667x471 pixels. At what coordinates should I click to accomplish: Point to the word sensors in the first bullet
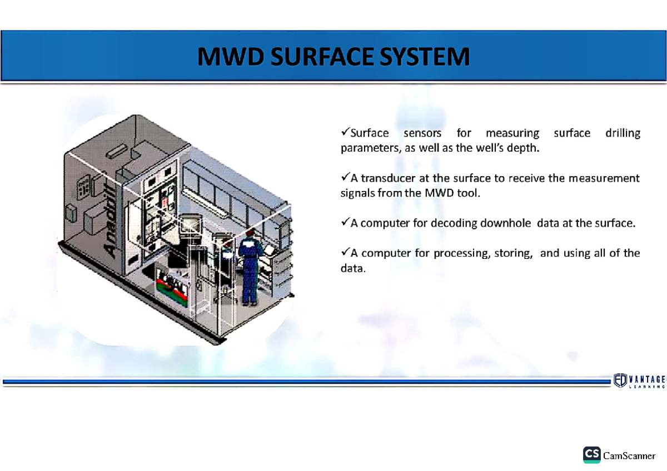click(x=422, y=133)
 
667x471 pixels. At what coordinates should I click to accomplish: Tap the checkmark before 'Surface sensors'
click(x=345, y=132)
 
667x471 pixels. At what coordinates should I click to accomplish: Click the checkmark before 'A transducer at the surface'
click(x=345, y=177)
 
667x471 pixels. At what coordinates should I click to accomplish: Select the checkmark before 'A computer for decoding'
click(x=345, y=222)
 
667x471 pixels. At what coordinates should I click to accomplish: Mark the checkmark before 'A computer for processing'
click(x=345, y=252)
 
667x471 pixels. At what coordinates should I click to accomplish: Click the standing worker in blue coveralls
click(x=250, y=267)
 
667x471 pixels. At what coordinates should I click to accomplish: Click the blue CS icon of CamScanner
click(x=591, y=455)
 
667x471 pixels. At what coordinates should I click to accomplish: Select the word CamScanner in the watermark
click(x=629, y=456)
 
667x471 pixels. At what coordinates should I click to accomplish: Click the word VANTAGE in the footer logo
click(x=647, y=378)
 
